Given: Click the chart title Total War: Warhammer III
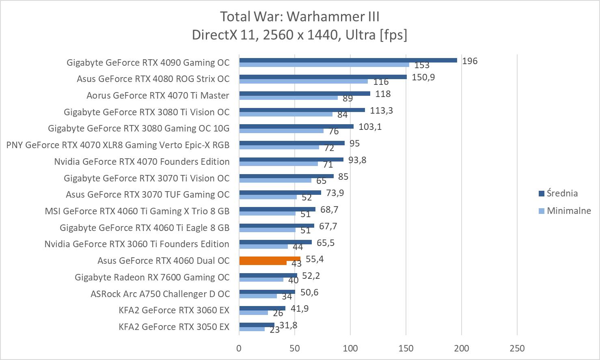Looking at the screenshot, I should click(x=300, y=17).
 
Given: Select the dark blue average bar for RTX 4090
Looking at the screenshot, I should click(x=348, y=60).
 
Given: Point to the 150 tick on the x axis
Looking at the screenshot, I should click(x=406, y=348).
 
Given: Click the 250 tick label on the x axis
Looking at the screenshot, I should click(x=517, y=348).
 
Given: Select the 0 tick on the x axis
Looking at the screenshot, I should click(x=239, y=348).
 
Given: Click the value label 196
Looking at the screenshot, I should click(x=470, y=61).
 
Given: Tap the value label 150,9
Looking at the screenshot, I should click(x=423, y=77).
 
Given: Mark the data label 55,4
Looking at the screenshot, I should click(x=315, y=259).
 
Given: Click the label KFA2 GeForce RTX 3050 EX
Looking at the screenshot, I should click(x=174, y=327).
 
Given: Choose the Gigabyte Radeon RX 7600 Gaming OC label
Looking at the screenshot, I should click(x=152, y=277).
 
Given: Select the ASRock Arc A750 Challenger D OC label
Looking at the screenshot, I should click(x=160, y=294).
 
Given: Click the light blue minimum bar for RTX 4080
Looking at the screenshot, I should click(x=303, y=81).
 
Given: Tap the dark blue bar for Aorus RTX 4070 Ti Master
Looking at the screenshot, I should click(x=304, y=94).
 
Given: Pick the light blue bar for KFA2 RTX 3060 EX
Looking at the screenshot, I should click(x=253, y=313).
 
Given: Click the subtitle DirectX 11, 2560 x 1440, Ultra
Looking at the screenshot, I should click(x=300, y=35).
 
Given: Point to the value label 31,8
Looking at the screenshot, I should click(x=288, y=326).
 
